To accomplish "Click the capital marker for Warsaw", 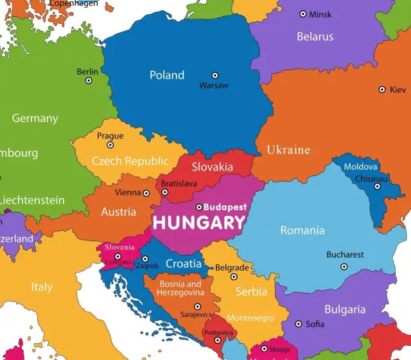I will [x=215, y=75].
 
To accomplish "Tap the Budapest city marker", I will [x=199, y=207].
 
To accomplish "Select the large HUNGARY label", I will [x=198, y=223].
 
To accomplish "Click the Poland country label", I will [x=167, y=75].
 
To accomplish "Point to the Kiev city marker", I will [x=382, y=90].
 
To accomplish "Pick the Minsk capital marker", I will [x=303, y=14].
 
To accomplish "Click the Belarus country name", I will [x=315, y=37].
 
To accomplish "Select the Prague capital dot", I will [x=110, y=145].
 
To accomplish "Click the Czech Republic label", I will [x=130, y=161].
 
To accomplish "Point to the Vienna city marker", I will [x=146, y=193].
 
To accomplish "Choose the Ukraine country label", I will [x=288, y=150].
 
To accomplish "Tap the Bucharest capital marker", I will [x=344, y=266].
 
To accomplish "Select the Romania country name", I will [x=302, y=230].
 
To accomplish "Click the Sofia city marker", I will [x=299, y=324].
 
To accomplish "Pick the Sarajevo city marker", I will [x=198, y=307].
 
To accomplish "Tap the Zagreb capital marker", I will [x=145, y=259].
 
